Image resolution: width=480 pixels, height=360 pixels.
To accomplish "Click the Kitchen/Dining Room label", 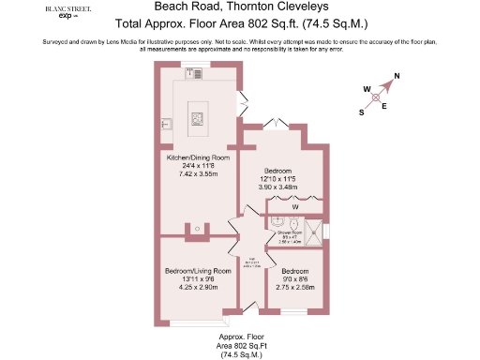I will (x=198, y=157).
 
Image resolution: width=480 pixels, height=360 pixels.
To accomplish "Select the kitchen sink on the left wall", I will (x=166, y=122).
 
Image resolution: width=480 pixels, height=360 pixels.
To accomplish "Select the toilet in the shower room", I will (x=293, y=225).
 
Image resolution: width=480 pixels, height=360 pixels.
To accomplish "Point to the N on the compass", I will (x=397, y=77).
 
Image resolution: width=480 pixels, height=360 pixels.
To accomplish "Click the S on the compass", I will (x=361, y=112).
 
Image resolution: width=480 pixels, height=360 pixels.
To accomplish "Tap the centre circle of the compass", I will (x=376, y=96).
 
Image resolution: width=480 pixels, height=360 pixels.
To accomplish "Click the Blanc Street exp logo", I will (x=61, y=12).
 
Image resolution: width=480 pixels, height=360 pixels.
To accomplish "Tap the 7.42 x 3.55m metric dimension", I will (x=198, y=174).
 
